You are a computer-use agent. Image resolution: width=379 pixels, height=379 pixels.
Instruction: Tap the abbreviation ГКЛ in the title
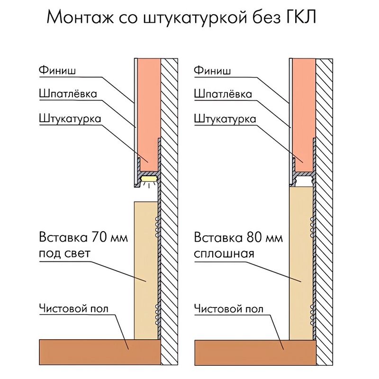click(x=301, y=17)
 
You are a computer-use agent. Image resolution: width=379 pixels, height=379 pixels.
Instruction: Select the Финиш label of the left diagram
click(x=57, y=70)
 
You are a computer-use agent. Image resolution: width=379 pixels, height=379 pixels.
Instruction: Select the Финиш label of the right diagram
click(x=212, y=70)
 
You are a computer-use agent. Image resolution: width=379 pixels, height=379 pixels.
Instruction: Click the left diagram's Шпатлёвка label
click(x=68, y=93)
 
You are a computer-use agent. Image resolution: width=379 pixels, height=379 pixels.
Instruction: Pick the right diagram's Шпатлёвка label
click(x=223, y=93)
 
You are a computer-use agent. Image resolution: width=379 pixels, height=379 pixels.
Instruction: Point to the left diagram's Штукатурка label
click(x=70, y=119)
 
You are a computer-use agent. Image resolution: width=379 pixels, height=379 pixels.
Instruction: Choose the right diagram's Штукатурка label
click(x=225, y=119)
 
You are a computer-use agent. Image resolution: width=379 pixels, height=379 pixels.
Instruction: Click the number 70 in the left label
click(x=99, y=237)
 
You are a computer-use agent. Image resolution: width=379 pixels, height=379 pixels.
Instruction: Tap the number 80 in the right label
click(x=253, y=237)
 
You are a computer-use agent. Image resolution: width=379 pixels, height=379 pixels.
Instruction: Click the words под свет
click(x=64, y=253)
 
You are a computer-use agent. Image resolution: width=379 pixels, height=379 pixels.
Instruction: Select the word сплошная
click(x=224, y=254)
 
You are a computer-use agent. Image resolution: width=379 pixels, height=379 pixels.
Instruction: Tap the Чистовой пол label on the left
click(x=74, y=308)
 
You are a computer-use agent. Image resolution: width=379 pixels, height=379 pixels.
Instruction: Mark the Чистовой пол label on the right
click(x=229, y=309)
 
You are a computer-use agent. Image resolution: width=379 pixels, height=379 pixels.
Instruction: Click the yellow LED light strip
click(x=149, y=179)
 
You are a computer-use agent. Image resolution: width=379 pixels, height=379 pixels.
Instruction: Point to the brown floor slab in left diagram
click(x=100, y=352)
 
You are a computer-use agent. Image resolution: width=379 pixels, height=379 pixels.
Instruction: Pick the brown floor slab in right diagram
click(x=255, y=352)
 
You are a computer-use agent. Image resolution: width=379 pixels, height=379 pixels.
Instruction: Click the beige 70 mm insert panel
click(x=146, y=271)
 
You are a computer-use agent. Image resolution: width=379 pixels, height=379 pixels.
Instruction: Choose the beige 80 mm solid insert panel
click(x=301, y=263)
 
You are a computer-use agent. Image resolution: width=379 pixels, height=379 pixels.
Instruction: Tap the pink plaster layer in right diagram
click(x=304, y=115)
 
